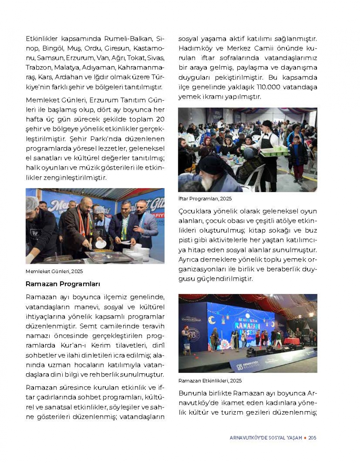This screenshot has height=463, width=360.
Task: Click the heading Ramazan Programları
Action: click(63, 284)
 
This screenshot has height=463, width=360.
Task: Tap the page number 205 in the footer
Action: click(312, 437)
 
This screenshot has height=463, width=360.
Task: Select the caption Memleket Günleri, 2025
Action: click(54, 271)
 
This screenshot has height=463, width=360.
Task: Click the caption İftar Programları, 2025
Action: click(205, 199)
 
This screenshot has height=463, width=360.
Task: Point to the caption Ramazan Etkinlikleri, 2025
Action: click(210, 380)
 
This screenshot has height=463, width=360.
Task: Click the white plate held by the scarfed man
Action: click(100, 244)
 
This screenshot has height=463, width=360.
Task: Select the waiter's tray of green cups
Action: click(275, 150)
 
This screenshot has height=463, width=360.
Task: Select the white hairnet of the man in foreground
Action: click(32, 203)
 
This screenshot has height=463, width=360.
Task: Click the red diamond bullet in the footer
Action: click(305, 437)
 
